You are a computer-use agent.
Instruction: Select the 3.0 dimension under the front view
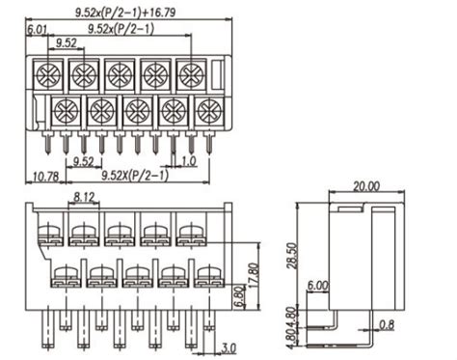click(x=229, y=347)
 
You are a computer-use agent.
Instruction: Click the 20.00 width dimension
click(x=365, y=186)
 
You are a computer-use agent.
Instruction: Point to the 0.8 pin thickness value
click(x=385, y=323)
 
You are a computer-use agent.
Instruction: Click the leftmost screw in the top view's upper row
click(x=48, y=74)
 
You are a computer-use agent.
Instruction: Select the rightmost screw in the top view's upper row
click(x=191, y=74)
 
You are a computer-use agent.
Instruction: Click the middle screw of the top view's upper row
click(x=120, y=74)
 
